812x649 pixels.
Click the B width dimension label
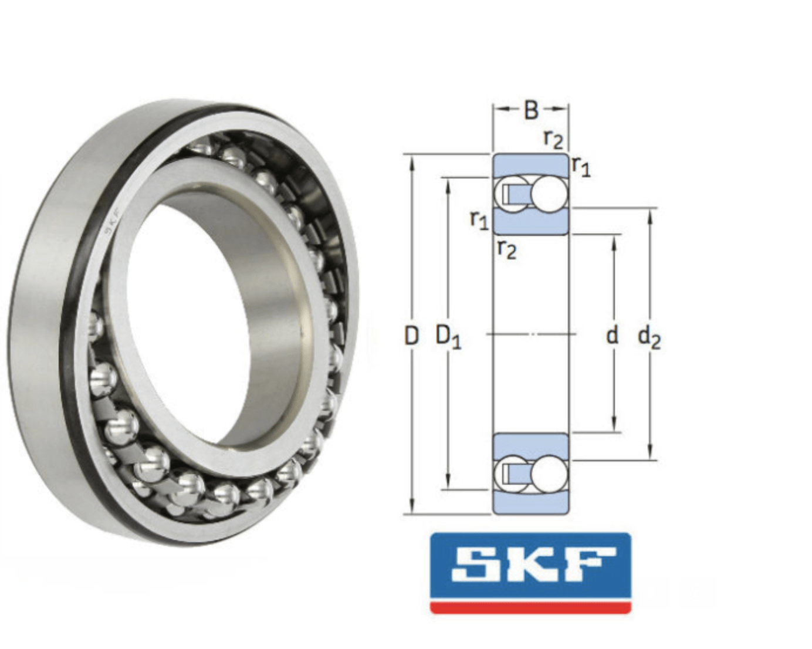click(530, 110)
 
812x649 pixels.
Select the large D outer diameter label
click(412, 336)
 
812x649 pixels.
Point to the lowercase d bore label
click(612, 335)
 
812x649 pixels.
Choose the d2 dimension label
click(649, 337)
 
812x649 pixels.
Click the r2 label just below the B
click(553, 139)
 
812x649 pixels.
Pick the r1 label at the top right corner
click(581, 167)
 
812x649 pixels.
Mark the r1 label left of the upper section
click(479, 220)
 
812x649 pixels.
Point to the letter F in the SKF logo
click(587, 565)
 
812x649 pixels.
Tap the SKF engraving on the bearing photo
click(112, 222)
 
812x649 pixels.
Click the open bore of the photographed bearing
click(194, 317)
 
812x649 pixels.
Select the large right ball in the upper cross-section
click(550, 192)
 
